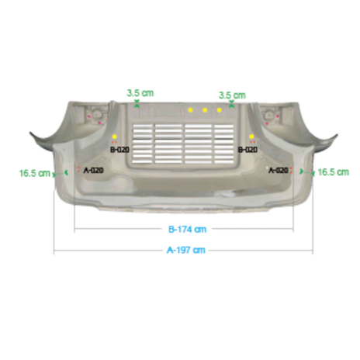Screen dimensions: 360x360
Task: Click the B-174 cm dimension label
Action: (x=188, y=230)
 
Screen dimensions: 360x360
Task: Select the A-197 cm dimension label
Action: (x=186, y=250)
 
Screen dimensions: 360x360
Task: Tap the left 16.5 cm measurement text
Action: (x=35, y=173)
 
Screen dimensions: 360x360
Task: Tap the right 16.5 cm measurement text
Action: (x=334, y=172)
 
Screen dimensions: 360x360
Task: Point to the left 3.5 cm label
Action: (x=140, y=93)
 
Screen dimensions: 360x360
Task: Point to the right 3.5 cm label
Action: (x=232, y=95)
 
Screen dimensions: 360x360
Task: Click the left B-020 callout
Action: (x=119, y=150)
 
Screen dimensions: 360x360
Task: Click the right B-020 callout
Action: (x=247, y=150)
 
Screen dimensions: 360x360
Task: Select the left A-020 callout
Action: (x=94, y=170)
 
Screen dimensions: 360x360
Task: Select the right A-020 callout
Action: (x=279, y=170)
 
